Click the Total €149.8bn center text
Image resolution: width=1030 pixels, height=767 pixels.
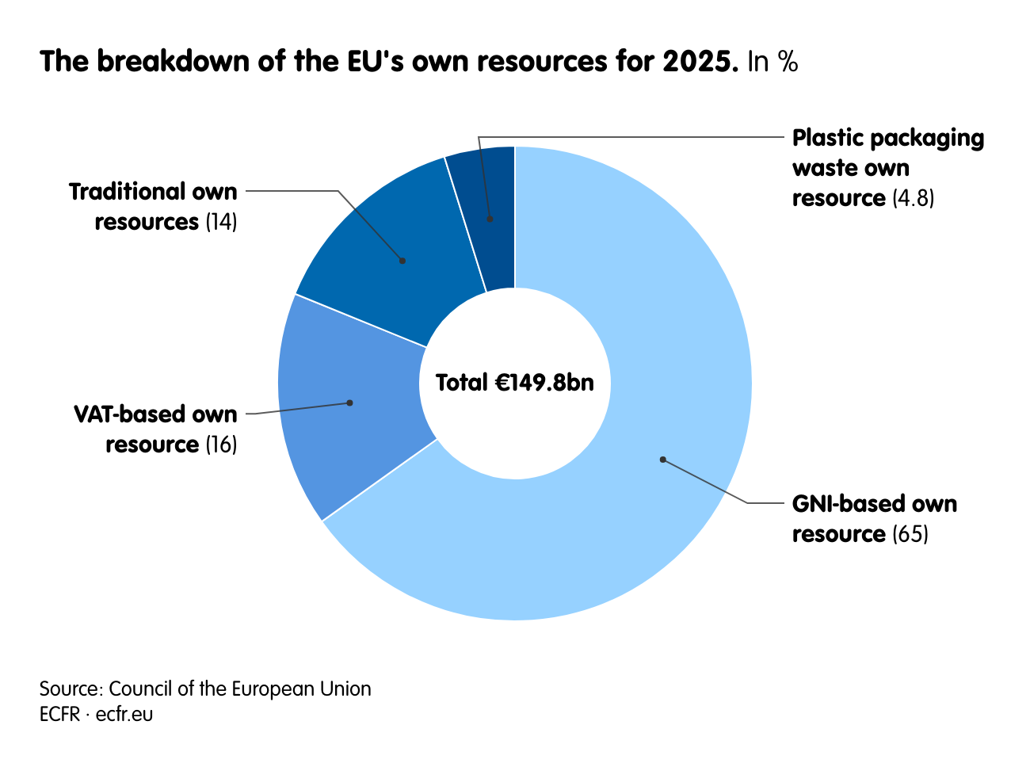(515, 383)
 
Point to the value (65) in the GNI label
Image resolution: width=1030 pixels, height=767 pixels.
(910, 534)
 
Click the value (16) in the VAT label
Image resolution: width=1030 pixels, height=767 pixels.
(221, 445)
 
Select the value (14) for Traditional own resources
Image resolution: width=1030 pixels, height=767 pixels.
(221, 222)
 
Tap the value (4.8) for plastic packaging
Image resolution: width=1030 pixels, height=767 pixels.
(914, 198)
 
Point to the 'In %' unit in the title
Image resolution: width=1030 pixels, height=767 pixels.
(772, 62)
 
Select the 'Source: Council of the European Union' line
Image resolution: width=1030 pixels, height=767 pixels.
(205, 689)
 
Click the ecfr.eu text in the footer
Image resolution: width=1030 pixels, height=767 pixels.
(124, 714)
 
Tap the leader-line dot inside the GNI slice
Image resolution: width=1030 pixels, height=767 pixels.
(663, 460)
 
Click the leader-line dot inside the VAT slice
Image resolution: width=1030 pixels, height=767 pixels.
(349, 403)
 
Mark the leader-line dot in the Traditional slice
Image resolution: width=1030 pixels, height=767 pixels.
(402, 261)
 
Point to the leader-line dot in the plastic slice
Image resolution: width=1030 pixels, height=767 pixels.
(490, 219)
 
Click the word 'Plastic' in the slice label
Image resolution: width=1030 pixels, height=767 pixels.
(828, 138)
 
